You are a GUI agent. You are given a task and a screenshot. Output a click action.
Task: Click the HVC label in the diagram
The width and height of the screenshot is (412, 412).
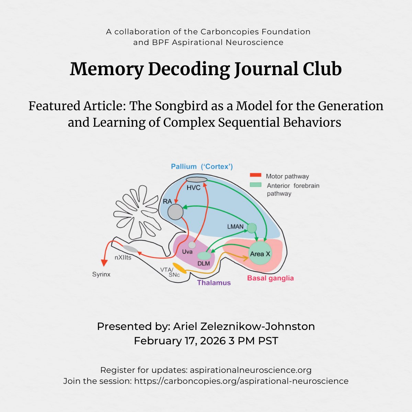[x=193, y=188]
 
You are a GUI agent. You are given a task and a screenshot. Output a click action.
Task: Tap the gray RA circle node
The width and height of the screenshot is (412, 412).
[x=175, y=212]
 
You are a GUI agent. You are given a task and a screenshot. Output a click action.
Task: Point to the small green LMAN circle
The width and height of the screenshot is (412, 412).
[x=252, y=228]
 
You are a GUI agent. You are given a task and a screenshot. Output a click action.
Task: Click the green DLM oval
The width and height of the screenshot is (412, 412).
[x=204, y=256]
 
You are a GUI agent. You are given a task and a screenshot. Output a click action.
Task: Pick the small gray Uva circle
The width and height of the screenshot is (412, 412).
[x=192, y=245]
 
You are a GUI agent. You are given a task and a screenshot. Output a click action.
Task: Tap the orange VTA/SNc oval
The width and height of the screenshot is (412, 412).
[x=179, y=268]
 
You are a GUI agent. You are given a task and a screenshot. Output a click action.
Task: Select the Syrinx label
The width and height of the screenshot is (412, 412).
[x=101, y=275]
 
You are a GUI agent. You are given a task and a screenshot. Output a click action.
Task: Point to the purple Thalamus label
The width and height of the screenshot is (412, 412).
[x=214, y=283]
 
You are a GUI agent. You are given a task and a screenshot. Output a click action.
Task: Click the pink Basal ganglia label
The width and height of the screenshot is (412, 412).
[x=271, y=278]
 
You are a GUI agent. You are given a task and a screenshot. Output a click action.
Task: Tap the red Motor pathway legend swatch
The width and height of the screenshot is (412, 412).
[x=255, y=175]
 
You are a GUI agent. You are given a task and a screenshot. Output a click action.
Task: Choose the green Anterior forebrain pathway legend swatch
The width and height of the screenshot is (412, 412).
[x=255, y=185]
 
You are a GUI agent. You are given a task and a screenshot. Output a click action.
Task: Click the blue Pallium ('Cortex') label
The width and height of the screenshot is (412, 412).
[x=202, y=167]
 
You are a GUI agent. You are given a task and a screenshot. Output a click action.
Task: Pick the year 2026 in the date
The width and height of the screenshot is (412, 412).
[x=213, y=341]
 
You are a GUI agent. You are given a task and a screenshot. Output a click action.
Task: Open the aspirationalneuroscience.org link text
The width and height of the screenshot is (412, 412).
[x=251, y=370]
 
